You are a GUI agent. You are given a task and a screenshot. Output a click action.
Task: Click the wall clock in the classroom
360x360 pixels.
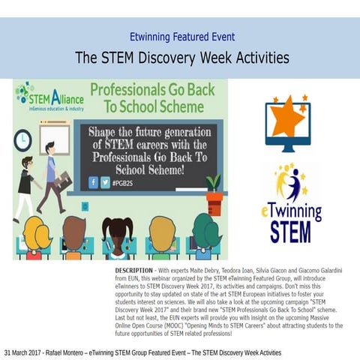pyautogui.click(x=22, y=139)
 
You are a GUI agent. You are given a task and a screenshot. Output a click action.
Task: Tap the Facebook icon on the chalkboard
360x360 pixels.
pyautogui.click(x=94, y=181)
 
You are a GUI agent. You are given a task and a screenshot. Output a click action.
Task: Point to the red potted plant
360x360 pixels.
pyautogui.click(x=214, y=198)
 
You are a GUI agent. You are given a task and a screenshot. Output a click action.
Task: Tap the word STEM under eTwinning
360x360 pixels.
pyautogui.click(x=290, y=231)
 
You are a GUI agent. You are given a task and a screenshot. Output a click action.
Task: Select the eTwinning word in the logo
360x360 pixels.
pyautogui.click(x=292, y=210)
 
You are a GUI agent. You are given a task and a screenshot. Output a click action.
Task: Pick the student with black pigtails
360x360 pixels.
pyautogui.click(x=117, y=235)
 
